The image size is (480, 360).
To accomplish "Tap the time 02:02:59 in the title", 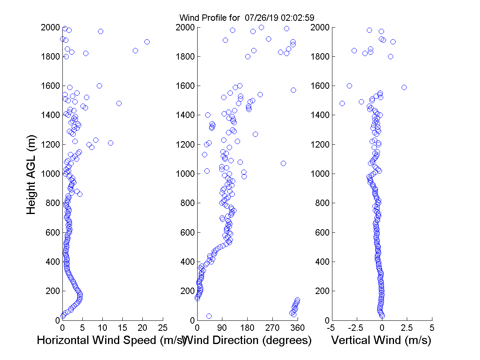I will click(296, 18).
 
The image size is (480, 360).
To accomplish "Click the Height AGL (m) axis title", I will click(32, 174).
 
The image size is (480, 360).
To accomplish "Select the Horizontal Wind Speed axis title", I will click(111, 340).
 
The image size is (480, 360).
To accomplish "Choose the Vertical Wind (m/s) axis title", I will click(381, 340).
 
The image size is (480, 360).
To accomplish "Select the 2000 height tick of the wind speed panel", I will click(50, 28).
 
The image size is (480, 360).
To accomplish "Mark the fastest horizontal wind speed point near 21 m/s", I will click(147, 42).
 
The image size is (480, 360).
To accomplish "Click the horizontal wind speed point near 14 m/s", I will click(119, 103).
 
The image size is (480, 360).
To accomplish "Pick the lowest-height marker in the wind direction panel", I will click(209, 316).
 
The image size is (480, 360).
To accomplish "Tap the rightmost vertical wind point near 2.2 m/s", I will click(404, 87).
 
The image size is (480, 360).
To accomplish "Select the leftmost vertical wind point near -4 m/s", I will click(342, 103).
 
